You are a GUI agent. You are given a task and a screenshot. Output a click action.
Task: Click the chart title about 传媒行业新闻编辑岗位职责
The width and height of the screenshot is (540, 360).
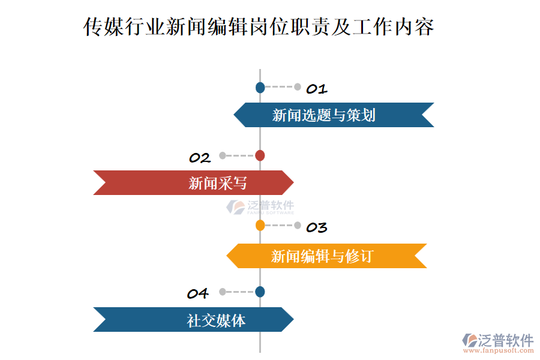point(259,27)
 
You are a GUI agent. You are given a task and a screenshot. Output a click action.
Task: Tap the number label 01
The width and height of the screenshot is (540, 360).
point(316,89)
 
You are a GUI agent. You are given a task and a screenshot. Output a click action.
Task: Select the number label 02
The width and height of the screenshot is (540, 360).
point(200,158)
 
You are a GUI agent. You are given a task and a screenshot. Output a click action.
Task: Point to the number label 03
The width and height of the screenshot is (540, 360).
point(316,228)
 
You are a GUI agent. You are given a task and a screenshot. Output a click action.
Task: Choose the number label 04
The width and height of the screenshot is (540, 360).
point(197,294)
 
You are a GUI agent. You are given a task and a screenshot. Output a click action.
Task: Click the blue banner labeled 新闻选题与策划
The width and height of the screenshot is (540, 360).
point(333,115)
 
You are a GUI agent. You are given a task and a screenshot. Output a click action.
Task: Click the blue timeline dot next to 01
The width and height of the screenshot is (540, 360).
point(260,88)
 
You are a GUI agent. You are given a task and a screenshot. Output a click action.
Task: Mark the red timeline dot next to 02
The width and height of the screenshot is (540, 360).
point(260,155)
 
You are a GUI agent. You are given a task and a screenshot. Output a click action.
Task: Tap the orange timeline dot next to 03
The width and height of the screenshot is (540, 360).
point(260,226)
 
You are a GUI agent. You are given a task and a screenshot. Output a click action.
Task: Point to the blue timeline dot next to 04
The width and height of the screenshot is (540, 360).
point(260,292)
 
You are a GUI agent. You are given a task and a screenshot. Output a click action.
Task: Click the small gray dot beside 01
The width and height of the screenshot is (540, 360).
point(298,87)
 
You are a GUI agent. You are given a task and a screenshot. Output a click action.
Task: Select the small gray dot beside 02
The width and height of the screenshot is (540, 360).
point(223,155)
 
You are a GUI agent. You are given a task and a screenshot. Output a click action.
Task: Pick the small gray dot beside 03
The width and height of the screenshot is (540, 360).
point(298,226)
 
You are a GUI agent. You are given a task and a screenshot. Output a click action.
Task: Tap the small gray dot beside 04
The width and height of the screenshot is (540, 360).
point(223,292)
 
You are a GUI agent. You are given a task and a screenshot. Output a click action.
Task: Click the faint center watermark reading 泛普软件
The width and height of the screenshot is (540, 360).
point(260,207)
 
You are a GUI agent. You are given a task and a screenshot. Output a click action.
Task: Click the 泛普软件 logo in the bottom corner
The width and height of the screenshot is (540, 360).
point(497,340)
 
